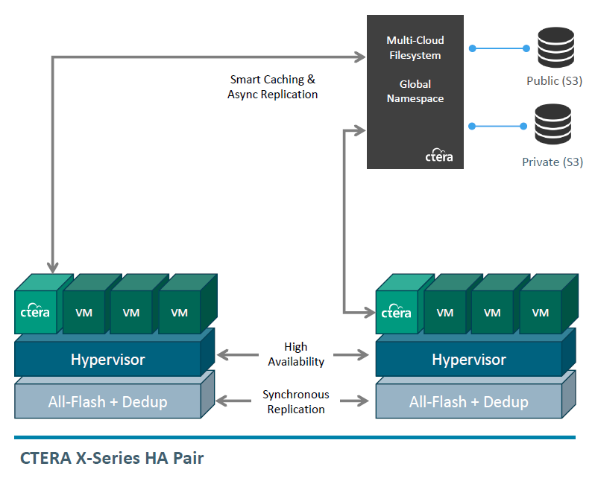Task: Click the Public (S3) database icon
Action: pos(555,48)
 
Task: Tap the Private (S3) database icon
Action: pos(552,124)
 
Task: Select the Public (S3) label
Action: pos(554,80)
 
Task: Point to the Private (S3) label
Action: pos(552,162)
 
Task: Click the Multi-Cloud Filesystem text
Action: pos(415,48)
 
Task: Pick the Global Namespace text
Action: pos(415,92)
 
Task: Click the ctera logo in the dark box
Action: pos(438,155)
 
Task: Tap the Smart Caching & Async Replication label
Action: pos(272,87)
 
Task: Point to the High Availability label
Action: pos(296,354)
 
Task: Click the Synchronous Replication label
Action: pos(296,402)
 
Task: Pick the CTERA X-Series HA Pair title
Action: pos(112,458)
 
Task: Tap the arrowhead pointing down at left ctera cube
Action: pos(53,267)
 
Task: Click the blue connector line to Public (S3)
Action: pos(499,48)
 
